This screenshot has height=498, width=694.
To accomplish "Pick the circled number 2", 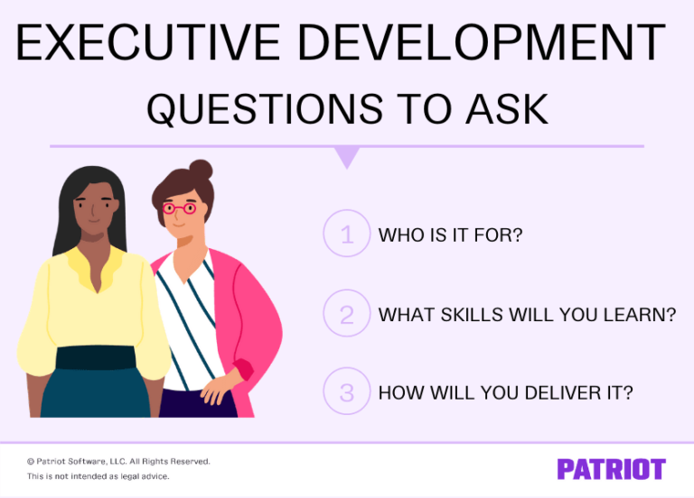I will tap(347, 314).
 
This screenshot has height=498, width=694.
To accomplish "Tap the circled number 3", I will tap(347, 392).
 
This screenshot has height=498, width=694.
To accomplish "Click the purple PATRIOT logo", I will tap(611, 469).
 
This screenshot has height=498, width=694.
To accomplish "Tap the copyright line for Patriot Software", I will tap(118, 461).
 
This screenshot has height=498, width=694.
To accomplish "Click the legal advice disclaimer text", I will tap(98, 476).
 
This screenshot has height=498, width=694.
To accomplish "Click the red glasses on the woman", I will tap(178, 208).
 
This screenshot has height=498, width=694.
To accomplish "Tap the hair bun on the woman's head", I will tap(201, 170).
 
